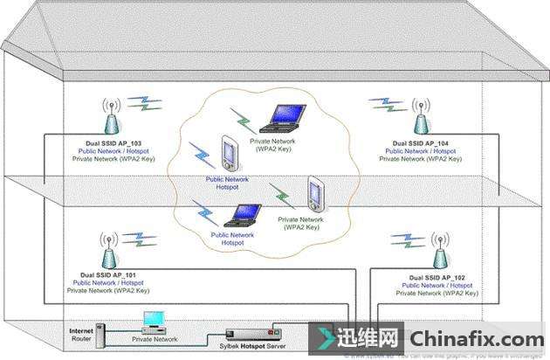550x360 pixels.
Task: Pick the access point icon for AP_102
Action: point(442,251)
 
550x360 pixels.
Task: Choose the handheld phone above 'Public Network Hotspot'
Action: point(229,155)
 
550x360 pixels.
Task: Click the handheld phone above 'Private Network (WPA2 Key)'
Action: point(313,194)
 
